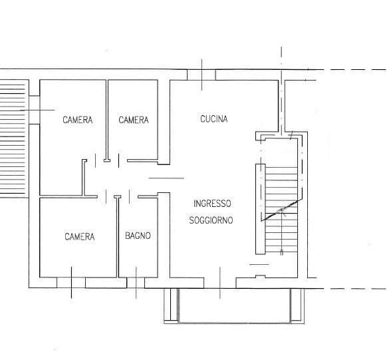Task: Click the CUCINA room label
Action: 213,119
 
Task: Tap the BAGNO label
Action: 138,236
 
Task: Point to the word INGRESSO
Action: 212,204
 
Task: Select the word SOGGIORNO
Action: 211,220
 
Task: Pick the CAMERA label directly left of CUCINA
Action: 134,120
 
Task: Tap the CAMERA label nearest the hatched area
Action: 78,120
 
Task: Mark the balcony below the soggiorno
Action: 234,305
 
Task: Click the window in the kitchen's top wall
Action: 201,75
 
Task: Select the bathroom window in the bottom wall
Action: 136,283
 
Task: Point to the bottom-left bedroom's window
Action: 71,283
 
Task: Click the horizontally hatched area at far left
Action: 13,138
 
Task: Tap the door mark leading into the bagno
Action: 130,196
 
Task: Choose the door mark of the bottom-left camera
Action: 106,196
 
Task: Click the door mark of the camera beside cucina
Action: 119,160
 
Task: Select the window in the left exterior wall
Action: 35,110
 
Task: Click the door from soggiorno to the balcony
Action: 220,283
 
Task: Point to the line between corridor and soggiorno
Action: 166,178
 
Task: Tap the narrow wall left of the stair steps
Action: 261,209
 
